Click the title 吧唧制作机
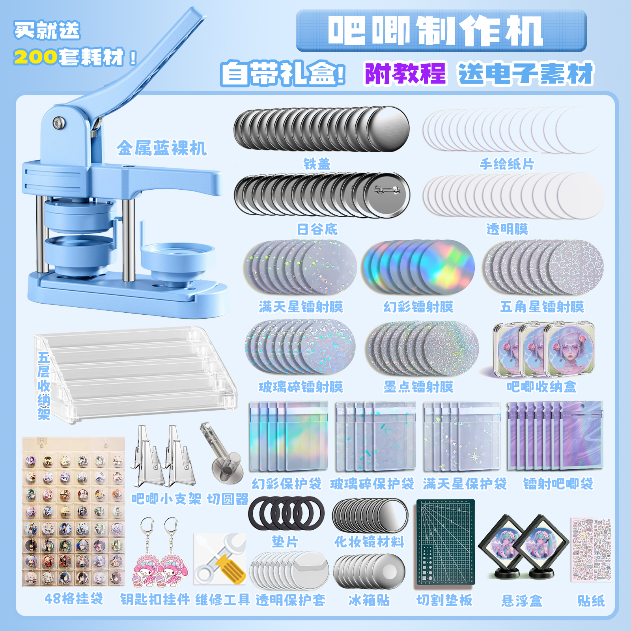tap(435, 31)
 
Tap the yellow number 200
tap(35, 58)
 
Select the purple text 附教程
tap(405, 73)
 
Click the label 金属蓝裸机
tap(161, 148)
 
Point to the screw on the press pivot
tap(58, 123)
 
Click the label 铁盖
tap(317, 164)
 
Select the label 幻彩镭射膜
tap(418, 306)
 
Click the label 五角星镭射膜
tap(542, 306)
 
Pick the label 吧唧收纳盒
tap(541, 386)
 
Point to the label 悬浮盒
tap(521, 601)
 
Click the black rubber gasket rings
tap(286, 513)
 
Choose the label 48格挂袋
tap(74, 599)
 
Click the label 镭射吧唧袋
tap(558, 484)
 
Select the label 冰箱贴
tap(369, 600)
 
